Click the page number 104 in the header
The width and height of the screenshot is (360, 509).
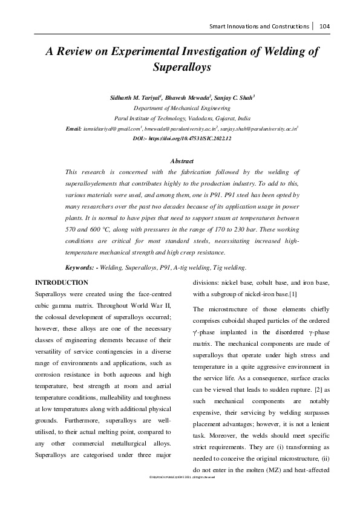click(324, 27)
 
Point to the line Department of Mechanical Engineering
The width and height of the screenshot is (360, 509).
click(180, 108)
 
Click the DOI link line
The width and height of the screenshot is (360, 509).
click(182, 138)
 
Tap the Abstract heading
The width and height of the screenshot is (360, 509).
click(182, 161)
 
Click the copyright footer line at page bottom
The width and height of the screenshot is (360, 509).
click(180, 494)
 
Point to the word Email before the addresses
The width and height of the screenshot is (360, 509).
click(74, 129)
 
